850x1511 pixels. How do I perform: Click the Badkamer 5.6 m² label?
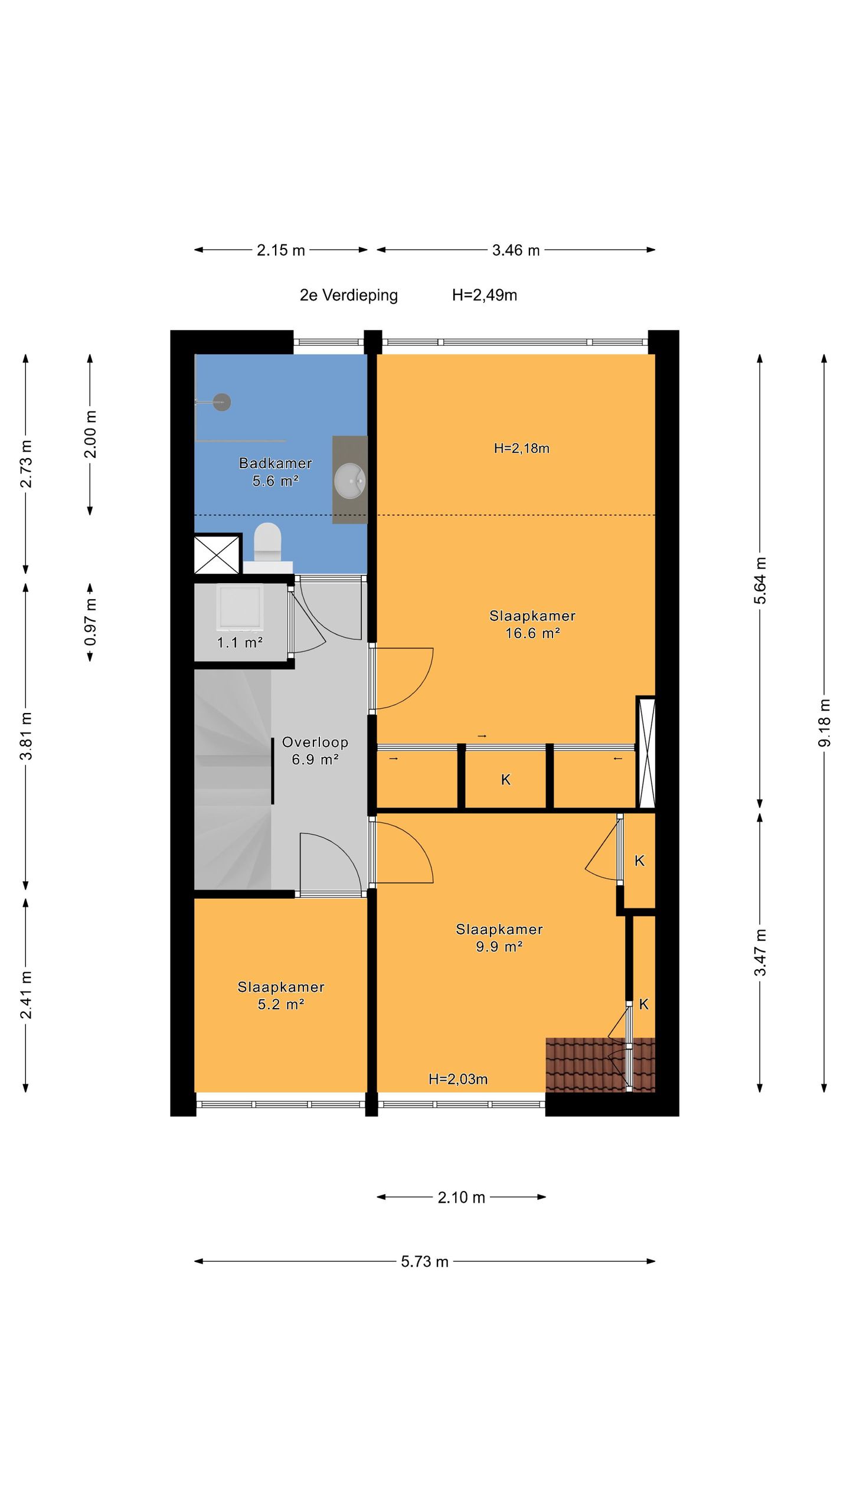point(275,472)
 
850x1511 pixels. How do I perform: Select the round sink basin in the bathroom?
point(350,480)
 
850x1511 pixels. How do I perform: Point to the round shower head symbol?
point(222,402)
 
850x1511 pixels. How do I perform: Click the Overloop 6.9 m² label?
point(315,750)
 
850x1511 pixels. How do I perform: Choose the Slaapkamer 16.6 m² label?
point(532,624)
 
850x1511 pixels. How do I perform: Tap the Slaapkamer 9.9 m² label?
point(499,937)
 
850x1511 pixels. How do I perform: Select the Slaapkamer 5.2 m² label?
point(281,995)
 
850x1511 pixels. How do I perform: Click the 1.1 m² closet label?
point(240,642)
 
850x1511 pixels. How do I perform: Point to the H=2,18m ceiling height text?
point(522,448)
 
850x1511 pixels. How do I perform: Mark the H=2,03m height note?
point(458,1079)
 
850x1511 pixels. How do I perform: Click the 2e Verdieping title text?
point(349,295)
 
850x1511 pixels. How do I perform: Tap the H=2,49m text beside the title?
point(485,295)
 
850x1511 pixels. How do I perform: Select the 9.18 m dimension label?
point(825,723)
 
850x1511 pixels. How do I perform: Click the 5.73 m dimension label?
point(425,1261)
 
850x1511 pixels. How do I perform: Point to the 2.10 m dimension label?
point(462,1197)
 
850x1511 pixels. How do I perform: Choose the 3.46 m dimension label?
point(516,250)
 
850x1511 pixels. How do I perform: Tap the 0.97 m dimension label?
point(90,622)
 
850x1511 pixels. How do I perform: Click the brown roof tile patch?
point(600,1065)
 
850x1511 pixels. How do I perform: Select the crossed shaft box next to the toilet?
point(217,554)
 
